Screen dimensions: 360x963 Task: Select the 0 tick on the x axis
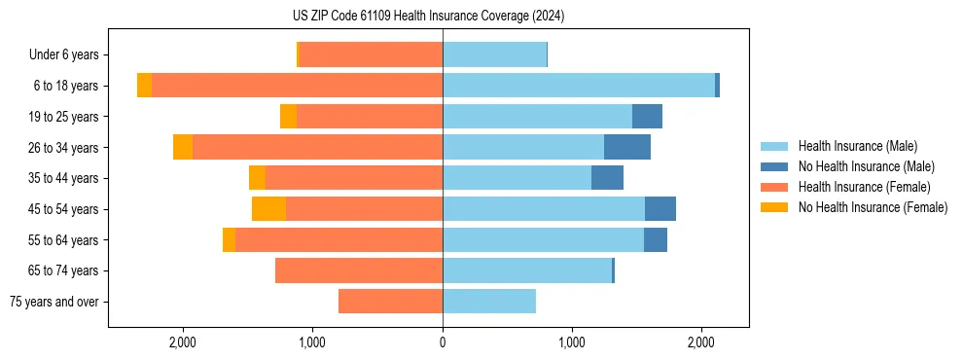point(443,342)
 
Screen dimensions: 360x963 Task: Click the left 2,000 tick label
point(183,342)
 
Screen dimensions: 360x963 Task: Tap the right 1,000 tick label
point(572,342)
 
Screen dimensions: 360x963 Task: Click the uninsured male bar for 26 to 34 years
point(627,148)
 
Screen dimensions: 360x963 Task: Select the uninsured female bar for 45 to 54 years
point(268,209)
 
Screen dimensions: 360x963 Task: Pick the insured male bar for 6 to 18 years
point(579,86)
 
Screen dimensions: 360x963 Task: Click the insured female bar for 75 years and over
point(390,302)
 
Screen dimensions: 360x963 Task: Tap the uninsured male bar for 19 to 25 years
point(647,117)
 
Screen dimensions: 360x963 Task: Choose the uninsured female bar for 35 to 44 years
point(257,178)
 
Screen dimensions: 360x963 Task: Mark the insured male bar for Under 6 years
point(494,55)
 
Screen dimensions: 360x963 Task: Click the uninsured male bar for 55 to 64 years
point(656,240)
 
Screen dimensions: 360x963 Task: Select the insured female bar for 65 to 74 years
point(359,270)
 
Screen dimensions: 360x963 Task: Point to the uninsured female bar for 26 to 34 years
point(183,148)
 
